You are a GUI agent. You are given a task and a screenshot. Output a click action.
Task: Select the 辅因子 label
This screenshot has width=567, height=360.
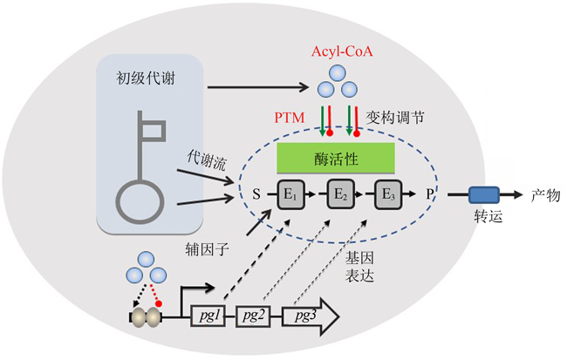click(205, 249)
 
